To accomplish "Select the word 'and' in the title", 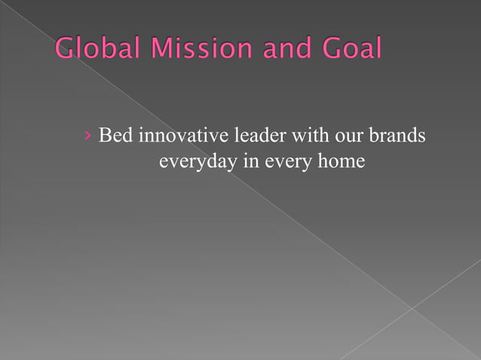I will (x=278, y=50).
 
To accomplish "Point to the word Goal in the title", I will (x=349, y=50).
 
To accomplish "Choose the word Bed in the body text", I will (x=114, y=137).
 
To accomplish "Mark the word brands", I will (x=398, y=137).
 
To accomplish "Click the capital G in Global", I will (x=66, y=50).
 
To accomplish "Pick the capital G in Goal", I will (x=329, y=50).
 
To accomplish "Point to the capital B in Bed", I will (x=105, y=137).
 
